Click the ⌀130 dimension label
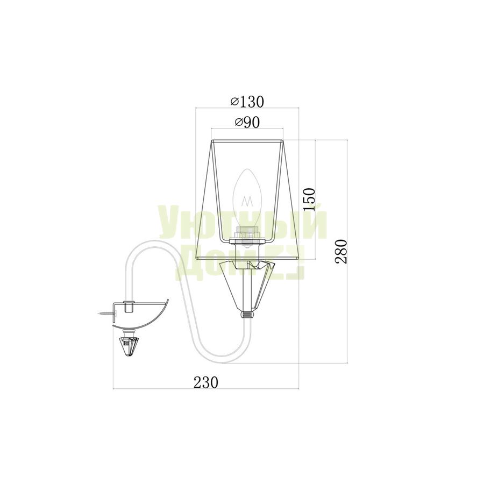247,102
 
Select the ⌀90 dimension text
247,123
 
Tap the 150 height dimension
309,200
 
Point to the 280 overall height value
341,252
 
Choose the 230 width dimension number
206,382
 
